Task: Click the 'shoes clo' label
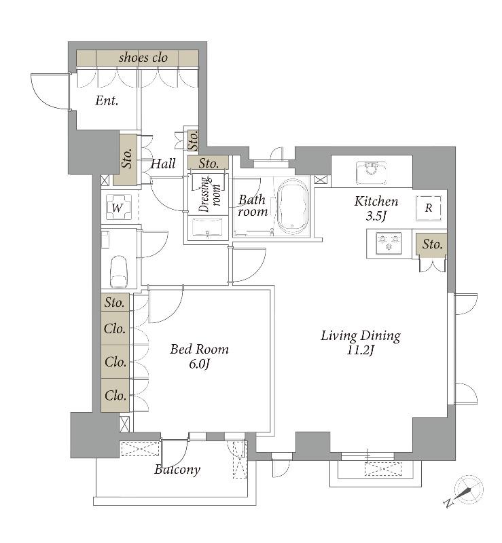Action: [143, 58]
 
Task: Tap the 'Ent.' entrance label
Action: [107, 100]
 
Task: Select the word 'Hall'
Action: [163, 164]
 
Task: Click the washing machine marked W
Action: [119, 208]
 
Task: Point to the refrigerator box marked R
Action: [429, 208]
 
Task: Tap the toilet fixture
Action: [118, 271]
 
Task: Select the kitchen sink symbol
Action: [371, 172]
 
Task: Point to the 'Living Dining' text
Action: [361, 335]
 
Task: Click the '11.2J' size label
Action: [361, 350]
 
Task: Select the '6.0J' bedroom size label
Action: [199, 364]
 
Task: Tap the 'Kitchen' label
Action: [376, 201]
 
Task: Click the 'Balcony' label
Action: [177, 469]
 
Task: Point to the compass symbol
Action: [465, 491]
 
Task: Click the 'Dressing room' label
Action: [210, 194]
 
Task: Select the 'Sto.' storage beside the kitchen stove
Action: [432, 244]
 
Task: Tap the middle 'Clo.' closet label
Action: [115, 362]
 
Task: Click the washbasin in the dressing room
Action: [207, 228]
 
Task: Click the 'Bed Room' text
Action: [199, 349]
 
